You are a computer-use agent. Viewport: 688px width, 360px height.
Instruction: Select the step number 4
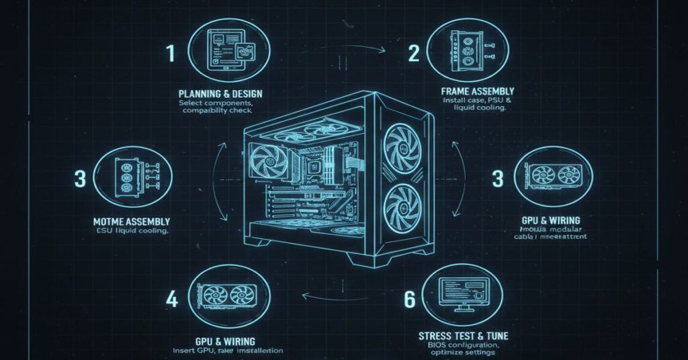pos(172,299)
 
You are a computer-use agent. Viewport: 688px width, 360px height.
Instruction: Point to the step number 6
pos(409,300)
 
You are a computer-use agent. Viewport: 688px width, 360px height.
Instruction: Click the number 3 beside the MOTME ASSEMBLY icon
pos(81,179)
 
